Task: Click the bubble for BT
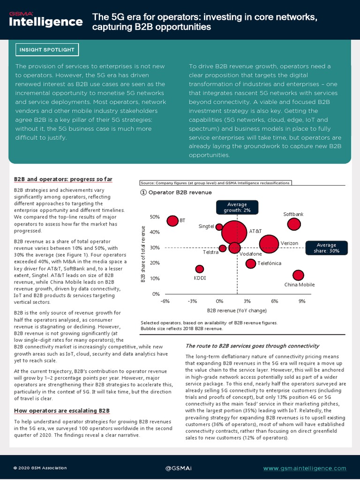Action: coord(173,221)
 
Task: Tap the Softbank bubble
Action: coord(293,224)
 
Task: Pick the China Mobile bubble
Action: coord(298,276)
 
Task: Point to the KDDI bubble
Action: coord(200,269)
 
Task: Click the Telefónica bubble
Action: coord(251,263)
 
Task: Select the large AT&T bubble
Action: coord(235,232)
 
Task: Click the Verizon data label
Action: coord(289,243)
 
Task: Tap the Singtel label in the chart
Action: coord(206,226)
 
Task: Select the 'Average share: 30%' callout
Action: coord(326,248)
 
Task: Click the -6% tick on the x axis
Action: coord(165,301)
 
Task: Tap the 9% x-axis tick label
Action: coord(302,301)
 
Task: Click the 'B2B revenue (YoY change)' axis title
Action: coord(236,310)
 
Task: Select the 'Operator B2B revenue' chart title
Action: coord(180,192)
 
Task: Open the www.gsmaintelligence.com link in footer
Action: coord(305,468)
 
